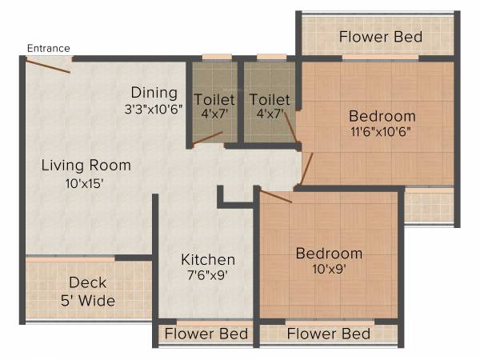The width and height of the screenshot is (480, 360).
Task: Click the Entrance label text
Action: [x=49, y=48]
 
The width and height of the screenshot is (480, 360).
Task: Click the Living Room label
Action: [x=86, y=166]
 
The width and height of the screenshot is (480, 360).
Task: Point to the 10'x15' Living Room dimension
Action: [x=86, y=182]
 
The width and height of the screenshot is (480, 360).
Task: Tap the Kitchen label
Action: [x=208, y=260]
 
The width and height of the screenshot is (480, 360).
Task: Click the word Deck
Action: [x=88, y=282]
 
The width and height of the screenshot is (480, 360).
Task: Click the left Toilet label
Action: [x=215, y=99]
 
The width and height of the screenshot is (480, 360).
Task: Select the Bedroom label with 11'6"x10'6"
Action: [x=382, y=115]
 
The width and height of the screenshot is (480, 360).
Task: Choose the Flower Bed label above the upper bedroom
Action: [x=380, y=37]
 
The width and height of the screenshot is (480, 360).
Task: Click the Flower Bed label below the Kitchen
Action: [x=206, y=334]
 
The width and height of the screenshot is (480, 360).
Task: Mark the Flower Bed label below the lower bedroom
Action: [x=329, y=334]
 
